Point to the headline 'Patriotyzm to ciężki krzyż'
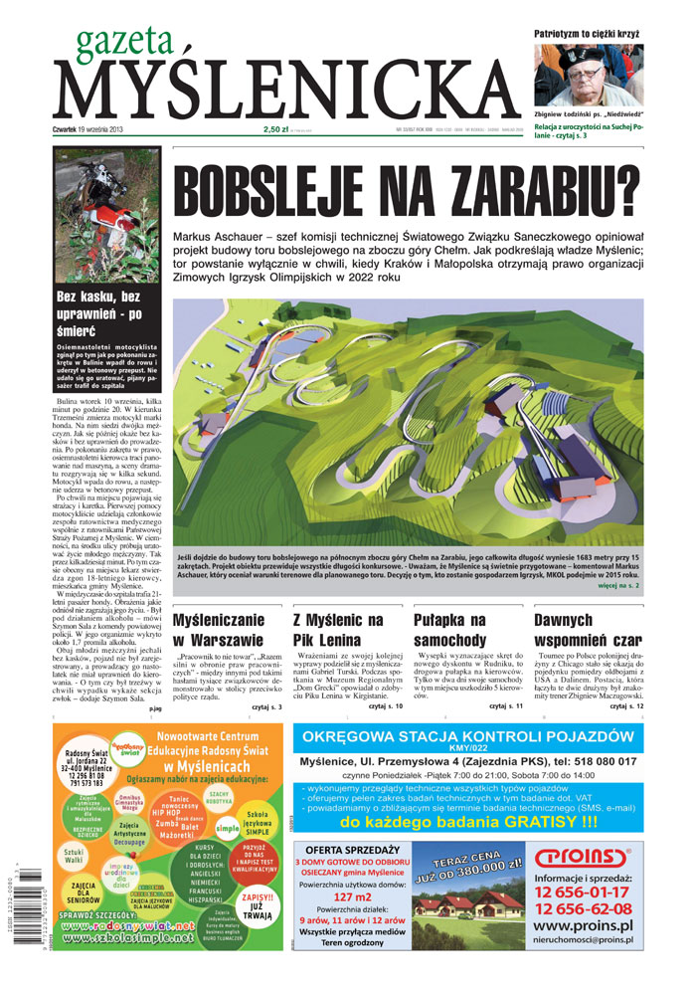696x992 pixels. click(587, 33)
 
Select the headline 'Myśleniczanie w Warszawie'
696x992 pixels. click(220, 630)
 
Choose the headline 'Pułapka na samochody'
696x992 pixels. click(451, 630)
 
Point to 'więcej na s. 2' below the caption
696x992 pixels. click(619, 587)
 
